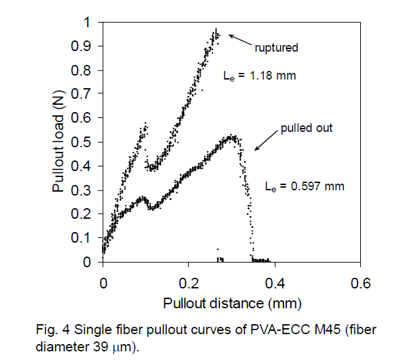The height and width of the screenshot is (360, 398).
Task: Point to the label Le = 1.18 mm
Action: pos(260,76)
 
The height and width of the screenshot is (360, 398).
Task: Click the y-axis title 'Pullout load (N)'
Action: pos(59,142)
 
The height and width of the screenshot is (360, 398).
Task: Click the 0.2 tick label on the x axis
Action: pos(189,282)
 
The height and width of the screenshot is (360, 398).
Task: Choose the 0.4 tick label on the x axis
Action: pos(274,282)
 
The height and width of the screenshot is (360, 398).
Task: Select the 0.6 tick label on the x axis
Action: pos(360,282)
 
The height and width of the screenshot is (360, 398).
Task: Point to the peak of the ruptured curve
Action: pos(216,29)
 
